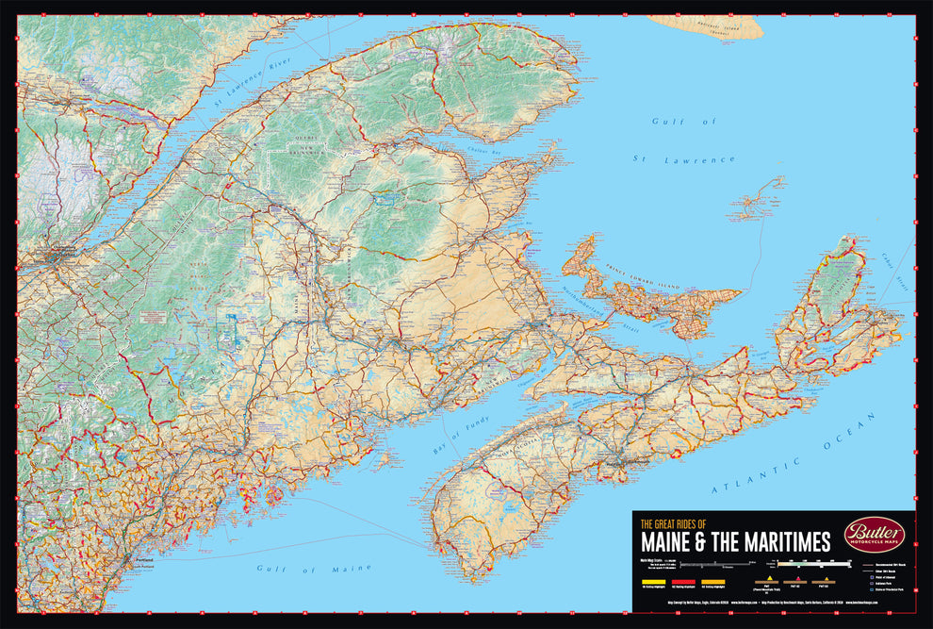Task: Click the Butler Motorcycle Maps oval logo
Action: [x=874, y=534]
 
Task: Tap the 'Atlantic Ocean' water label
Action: [x=766, y=472]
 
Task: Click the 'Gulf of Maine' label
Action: [x=302, y=569]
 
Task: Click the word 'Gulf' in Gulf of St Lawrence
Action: [x=663, y=122]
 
